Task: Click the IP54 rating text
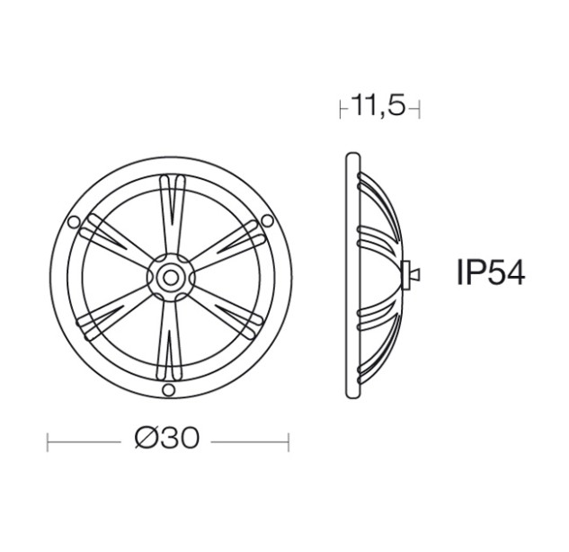491,273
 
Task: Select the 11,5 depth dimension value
378,105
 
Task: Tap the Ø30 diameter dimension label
167,437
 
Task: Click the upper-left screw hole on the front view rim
74,222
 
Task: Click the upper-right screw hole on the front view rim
268,220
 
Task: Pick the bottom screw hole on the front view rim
168,390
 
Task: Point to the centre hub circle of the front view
170,278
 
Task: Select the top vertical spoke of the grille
172,214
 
